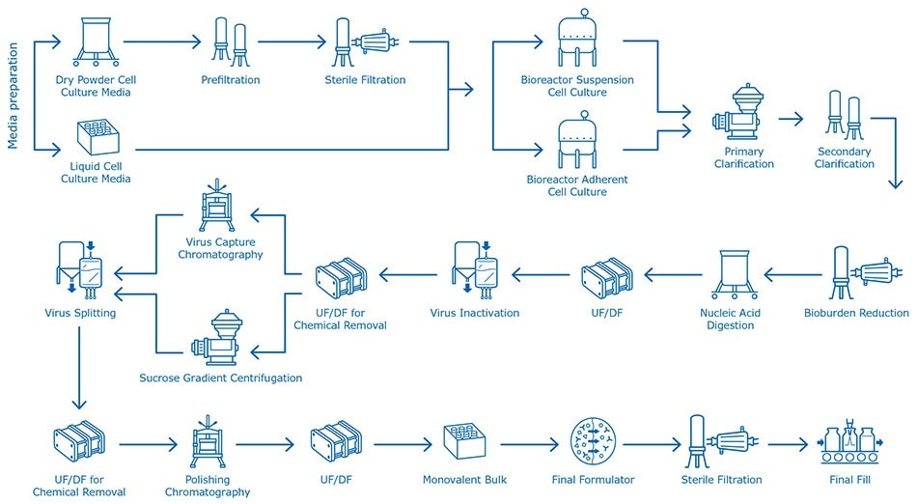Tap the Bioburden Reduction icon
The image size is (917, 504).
pos(856,275)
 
